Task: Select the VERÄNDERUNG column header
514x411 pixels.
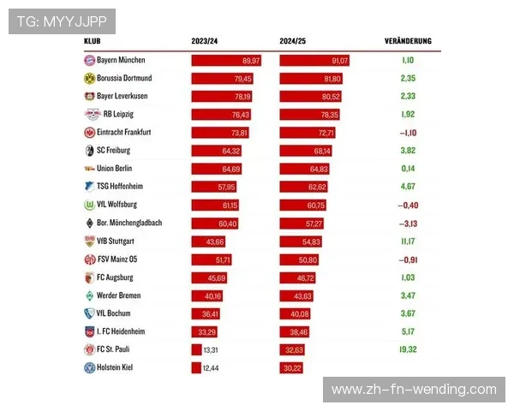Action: pos(408,40)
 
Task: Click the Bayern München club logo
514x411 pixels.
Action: pos(89,61)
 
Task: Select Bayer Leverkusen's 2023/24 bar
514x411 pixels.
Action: pos(221,97)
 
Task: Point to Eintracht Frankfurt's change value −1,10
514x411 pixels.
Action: pos(407,133)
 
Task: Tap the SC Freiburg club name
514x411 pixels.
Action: pos(120,151)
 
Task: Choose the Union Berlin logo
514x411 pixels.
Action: pos(89,169)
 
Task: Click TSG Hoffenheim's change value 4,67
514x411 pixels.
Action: pos(407,187)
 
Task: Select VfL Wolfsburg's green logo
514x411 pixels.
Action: pos(89,205)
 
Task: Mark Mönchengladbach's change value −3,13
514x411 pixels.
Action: pos(407,223)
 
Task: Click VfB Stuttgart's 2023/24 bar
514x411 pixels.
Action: pos(209,241)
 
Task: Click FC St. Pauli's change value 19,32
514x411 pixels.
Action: pos(407,349)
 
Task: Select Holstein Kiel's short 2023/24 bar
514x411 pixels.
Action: pos(196,367)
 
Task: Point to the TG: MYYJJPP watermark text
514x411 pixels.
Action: pos(62,21)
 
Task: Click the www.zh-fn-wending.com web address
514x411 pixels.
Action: pos(414,390)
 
